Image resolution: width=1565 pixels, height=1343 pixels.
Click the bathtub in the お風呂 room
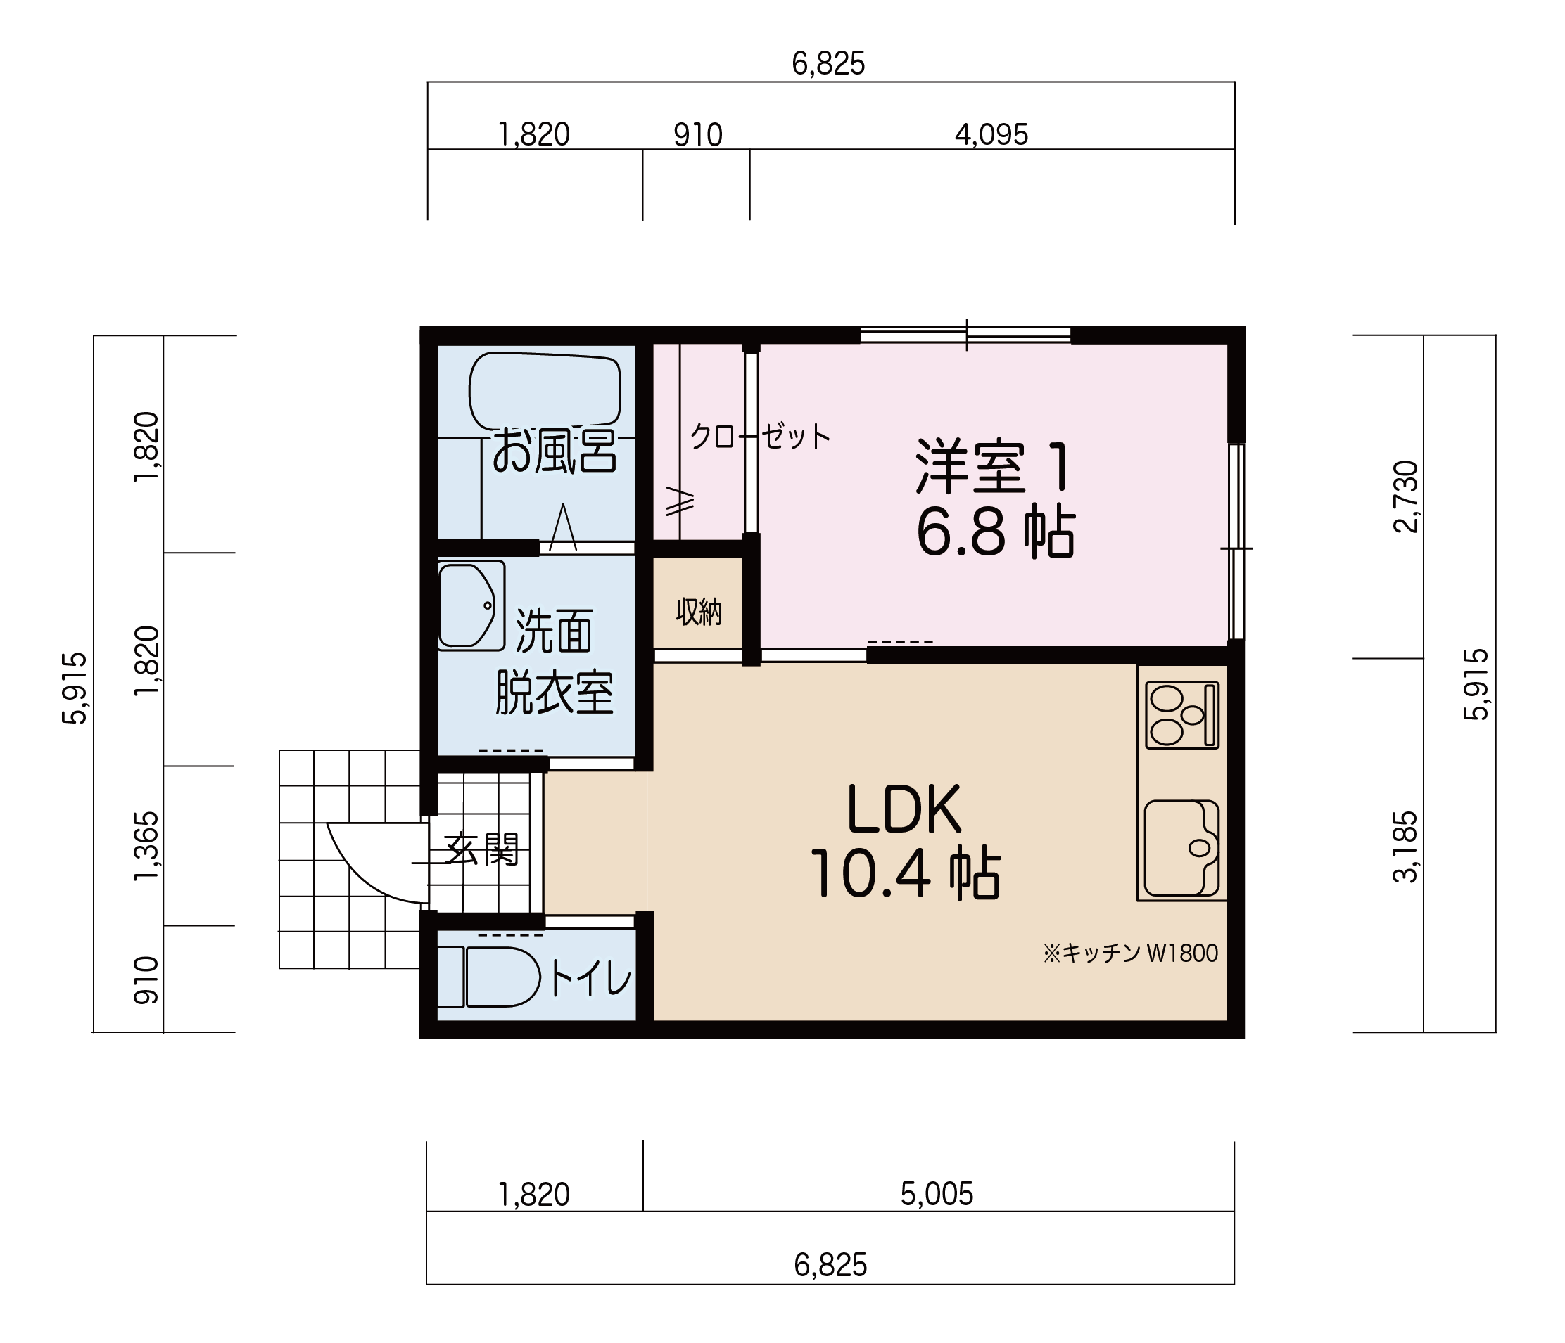545,391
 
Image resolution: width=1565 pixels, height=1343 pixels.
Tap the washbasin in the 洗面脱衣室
471,605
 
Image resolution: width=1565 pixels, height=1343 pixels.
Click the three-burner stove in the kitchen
1182,715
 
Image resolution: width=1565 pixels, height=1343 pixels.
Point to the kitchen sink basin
1181,849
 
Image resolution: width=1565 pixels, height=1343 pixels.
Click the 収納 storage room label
699,612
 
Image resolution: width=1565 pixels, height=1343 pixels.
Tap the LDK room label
904,809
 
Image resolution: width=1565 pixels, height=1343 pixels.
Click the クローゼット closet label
760,437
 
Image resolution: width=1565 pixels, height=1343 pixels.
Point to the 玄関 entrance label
481,849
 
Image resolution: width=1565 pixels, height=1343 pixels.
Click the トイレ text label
589,979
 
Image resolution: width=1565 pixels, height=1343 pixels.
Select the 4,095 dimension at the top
991,135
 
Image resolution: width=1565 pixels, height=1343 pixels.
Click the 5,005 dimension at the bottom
937,1194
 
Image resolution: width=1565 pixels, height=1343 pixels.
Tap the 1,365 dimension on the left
146,845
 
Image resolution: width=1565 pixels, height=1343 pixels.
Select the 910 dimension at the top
698,135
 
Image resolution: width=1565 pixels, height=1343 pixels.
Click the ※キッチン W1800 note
1130,953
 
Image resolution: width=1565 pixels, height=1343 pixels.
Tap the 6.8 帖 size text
996,533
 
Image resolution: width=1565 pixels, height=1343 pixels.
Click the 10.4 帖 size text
905,873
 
